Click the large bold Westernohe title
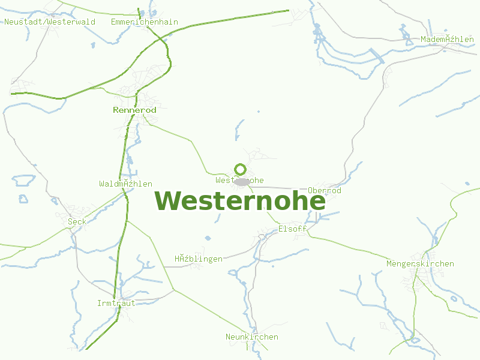240,200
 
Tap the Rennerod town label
134,110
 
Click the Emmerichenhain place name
145,22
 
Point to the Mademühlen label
447,39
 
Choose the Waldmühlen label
125,184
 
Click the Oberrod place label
324,190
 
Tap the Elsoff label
292,229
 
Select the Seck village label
77,221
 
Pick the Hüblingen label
199,259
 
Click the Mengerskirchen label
420,263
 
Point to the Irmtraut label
116,303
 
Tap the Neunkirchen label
252,337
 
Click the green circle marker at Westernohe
241,169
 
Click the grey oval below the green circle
242,181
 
